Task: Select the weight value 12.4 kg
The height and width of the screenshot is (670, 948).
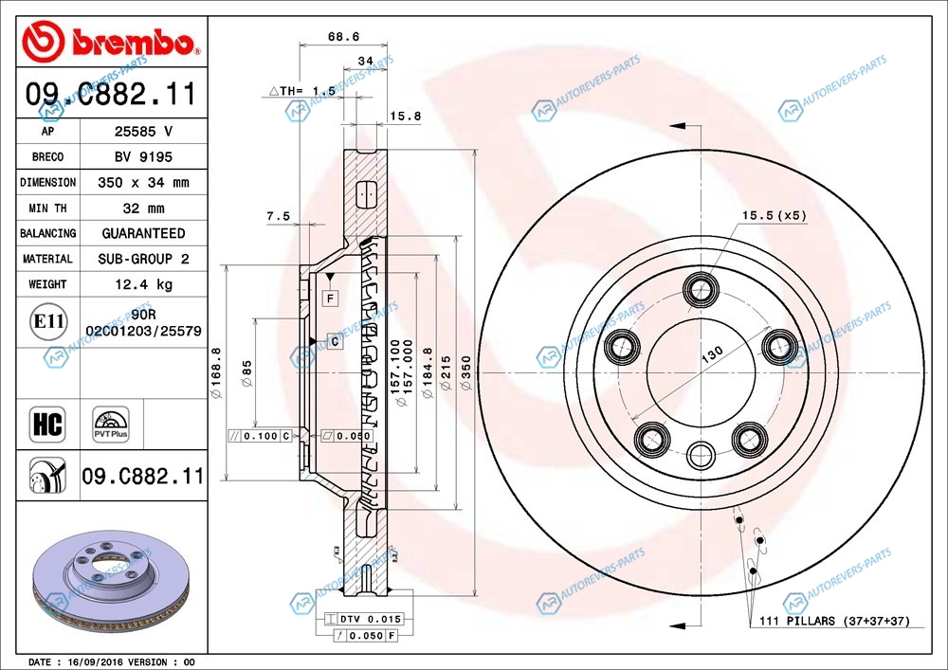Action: (x=143, y=284)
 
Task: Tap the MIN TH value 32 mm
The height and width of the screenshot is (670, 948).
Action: (x=143, y=208)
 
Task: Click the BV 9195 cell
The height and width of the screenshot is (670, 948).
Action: (x=143, y=157)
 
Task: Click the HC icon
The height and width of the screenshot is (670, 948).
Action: (x=47, y=424)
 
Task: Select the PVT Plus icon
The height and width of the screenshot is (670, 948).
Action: (x=110, y=424)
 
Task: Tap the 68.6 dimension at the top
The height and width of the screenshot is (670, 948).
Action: (x=343, y=37)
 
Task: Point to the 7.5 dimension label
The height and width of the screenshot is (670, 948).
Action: (x=278, y=216)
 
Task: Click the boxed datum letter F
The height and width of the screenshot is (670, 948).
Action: (x=330, y=299)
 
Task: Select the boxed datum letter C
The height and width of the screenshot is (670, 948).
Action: (x=335, y=340)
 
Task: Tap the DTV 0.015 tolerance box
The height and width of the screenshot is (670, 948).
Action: (x=365, y=619)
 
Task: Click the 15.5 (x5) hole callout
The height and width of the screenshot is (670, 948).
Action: (x=774, y=215)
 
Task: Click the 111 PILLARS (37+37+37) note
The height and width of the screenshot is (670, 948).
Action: (x=834, y=621)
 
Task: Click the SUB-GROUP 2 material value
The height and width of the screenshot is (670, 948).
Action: (x=143, y=259)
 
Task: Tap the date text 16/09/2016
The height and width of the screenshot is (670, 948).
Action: (x=92, y=661)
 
